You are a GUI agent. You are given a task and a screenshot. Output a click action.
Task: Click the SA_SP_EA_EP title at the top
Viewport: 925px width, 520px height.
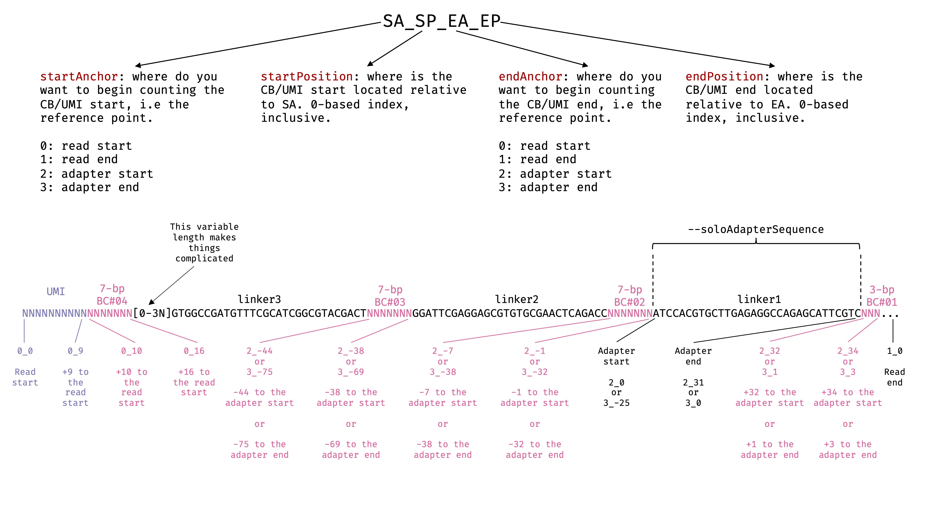point(441,21)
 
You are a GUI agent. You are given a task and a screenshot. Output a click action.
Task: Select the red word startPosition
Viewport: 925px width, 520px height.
point(307,76)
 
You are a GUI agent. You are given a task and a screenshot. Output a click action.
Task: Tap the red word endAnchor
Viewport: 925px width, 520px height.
point(530,76)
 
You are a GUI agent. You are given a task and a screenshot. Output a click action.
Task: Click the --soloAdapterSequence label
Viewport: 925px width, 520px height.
point(755,229)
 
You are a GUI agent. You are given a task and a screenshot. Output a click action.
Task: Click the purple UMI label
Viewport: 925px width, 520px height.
point(56,291)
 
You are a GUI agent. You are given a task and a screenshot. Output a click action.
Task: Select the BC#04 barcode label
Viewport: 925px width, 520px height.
point(112,301)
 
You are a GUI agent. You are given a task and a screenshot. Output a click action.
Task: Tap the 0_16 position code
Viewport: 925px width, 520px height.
point(194,351)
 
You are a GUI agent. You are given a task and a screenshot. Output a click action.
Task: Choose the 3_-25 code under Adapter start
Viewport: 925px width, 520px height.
point(616,403)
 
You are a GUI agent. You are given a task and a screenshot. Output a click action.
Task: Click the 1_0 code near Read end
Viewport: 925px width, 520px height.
point(894,351)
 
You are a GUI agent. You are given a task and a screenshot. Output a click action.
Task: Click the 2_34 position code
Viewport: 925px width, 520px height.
point(848,351)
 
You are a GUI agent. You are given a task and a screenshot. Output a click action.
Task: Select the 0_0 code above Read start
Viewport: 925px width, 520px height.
point(25,351)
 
